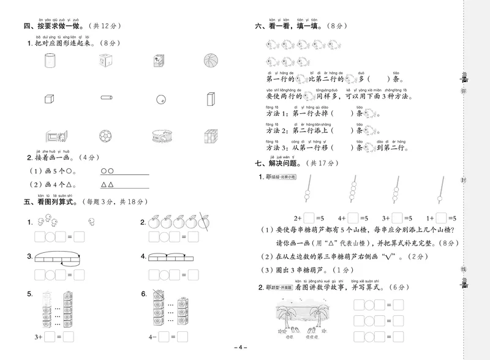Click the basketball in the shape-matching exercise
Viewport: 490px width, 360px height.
tap(211, 61)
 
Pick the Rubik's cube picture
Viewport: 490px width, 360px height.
tap(212, 135)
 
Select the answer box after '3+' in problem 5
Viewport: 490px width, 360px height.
tap(51, 336)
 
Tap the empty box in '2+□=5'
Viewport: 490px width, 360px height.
tap(309, 217)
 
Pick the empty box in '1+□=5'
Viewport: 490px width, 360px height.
tap(441, 217)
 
